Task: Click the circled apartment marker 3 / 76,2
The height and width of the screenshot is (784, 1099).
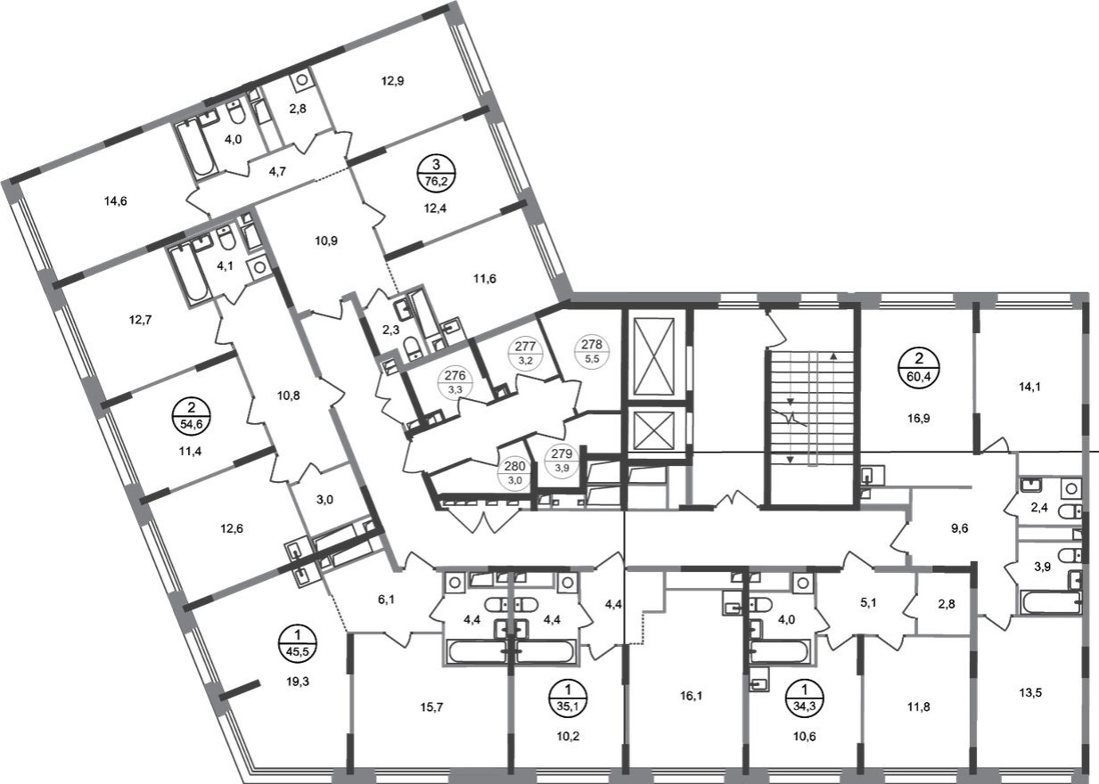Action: pos(436,173)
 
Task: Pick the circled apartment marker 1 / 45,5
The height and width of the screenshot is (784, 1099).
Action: pos(298,643)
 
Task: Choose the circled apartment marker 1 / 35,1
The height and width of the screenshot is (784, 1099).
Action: pos(568,698)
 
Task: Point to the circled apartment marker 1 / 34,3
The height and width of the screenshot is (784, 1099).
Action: pos(805,698)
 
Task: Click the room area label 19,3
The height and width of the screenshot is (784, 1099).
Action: pos(298,681)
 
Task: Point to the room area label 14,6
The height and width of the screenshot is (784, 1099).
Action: pos(116,200)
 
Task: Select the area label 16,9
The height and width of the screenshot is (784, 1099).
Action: pos(918,418)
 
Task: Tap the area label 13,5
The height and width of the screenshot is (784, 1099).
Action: pos(1030,693)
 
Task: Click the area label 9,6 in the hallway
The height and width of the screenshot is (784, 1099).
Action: pos(960,528)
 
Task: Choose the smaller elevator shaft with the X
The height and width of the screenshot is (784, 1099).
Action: pos(654,430)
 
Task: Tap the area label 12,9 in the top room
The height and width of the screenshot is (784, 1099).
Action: pos(392,81)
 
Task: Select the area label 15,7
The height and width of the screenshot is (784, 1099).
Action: pos(431,706)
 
